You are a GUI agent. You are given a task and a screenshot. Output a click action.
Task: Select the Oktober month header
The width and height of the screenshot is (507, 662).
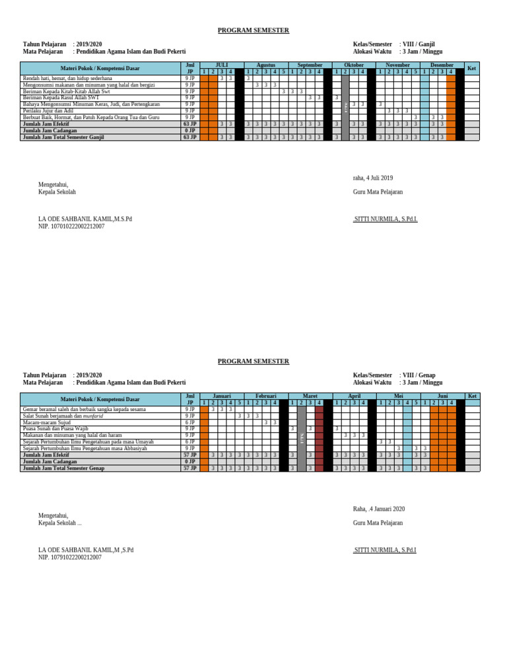point(354,65)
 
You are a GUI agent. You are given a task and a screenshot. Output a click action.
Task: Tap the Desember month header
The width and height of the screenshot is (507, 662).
point(442,65)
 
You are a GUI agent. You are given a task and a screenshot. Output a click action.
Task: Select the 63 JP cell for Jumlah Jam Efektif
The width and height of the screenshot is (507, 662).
point(190,124)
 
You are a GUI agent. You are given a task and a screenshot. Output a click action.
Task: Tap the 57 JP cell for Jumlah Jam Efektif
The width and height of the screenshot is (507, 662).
point(190,455)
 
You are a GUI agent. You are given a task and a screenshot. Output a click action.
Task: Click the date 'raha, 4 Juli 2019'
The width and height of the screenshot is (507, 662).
point(373,178)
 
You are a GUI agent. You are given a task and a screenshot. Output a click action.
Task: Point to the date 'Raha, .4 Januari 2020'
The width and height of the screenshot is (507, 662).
point(379,509)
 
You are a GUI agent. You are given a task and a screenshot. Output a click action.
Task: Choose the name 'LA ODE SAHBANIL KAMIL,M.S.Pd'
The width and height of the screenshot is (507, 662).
point(85,219)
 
